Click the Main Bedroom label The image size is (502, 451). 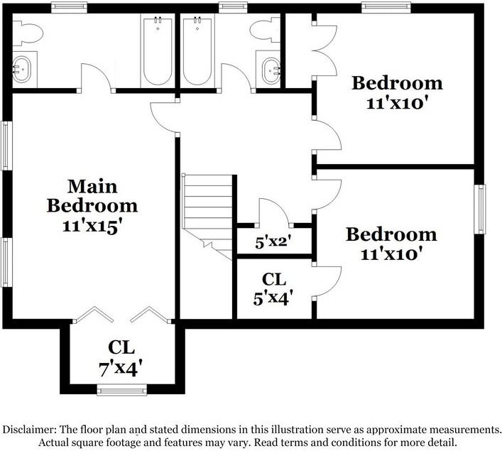[92, 196]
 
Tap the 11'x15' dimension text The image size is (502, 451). [92, 227]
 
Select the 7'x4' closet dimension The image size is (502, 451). [121, 369]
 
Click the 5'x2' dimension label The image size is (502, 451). [273, 242]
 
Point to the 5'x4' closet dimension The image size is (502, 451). [273, 298]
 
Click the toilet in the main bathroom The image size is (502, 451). [28, 33]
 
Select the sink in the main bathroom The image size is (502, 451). [22, 69]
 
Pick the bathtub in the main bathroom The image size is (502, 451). [158, 50]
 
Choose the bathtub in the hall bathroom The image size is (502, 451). [197, 51]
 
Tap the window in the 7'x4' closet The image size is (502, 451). [121, 389]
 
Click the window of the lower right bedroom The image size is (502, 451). [479, 210]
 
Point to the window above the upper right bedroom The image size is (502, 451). [386, 8]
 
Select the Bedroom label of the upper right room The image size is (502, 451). [397, 83]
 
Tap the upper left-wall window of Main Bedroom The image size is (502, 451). [6, 146]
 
